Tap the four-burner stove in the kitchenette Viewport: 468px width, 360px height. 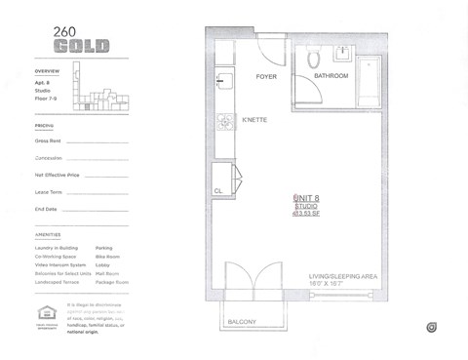222,121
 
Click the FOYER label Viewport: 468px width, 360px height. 267,76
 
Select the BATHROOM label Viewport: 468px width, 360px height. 331,76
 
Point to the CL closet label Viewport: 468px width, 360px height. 218,191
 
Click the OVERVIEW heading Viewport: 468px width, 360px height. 47,71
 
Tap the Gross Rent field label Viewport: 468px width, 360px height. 48,140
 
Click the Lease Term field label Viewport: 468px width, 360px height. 48,192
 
